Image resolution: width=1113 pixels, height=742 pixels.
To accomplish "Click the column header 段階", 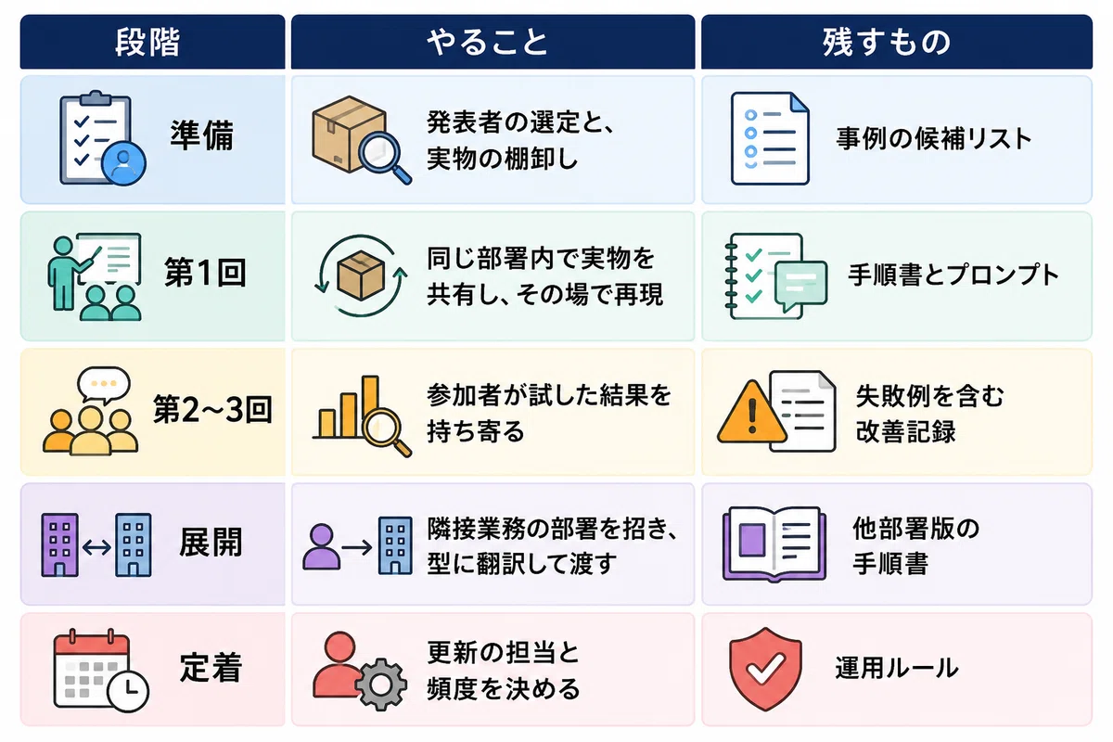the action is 147,43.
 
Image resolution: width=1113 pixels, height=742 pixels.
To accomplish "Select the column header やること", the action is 488,43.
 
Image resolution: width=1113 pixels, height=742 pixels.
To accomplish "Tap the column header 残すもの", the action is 887,43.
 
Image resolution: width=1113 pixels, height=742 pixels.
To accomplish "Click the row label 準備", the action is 202,135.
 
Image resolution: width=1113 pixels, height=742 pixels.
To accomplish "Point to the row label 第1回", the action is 205,273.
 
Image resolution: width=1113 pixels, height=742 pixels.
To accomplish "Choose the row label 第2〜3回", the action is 212,410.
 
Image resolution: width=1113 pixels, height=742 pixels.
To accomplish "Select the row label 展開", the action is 211,543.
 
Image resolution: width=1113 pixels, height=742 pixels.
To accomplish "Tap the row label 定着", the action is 211,668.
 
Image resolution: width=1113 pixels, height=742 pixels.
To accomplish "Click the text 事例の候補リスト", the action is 934,138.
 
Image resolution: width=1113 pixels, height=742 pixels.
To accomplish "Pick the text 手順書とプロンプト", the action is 953,275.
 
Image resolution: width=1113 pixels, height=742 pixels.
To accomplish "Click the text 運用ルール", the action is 897,668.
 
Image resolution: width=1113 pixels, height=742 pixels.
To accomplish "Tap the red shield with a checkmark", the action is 765,669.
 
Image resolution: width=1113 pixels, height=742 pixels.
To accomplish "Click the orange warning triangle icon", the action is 752,414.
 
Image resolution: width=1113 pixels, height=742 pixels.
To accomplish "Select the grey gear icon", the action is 381,684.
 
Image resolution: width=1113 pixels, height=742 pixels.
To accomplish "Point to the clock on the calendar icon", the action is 129,691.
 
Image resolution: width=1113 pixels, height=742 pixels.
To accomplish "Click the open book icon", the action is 774,544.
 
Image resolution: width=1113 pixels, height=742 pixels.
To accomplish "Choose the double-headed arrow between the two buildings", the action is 96,547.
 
